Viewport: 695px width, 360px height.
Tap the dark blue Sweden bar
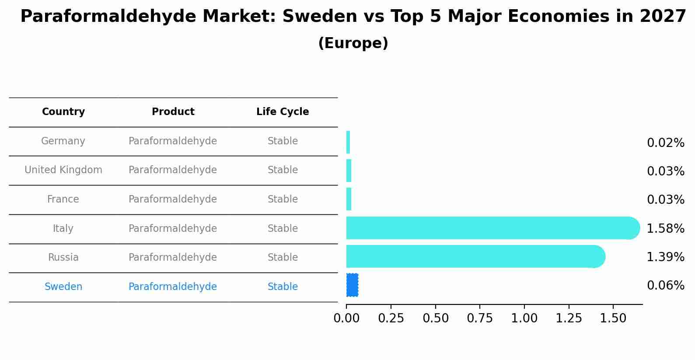click(352, 285)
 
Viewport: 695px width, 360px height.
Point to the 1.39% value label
click(665, 257)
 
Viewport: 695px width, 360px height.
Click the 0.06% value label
click(665, 286)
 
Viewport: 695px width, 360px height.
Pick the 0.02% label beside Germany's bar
click(665, 143)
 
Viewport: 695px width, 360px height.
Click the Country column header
click(63, 112)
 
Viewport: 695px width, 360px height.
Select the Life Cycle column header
click(283, 112)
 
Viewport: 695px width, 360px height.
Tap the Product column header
click(173, 112)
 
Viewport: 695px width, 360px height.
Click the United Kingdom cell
click(63, 170)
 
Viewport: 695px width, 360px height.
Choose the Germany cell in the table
click(63, 141)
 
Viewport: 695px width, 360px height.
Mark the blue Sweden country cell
click(63, 287)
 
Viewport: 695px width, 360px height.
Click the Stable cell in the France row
click(283, 199)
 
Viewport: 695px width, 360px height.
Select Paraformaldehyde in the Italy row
click(173, 229)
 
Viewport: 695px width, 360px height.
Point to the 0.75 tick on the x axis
click(480, 318)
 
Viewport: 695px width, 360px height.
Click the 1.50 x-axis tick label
click(613, 318)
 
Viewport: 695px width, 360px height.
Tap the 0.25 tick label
click(391, 318)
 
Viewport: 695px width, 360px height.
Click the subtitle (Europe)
click(353, 43)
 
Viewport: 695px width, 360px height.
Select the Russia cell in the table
click(63, 258)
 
